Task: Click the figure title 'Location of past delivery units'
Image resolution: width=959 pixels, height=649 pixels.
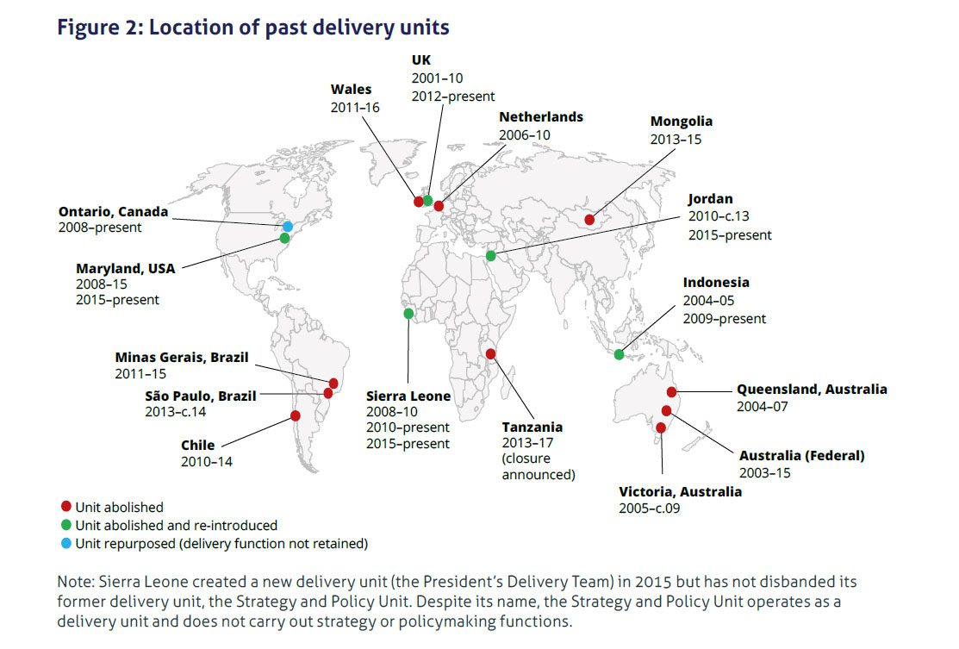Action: [x=299, y=28]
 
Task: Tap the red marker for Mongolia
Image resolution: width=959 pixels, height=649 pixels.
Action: [x=589, y=220]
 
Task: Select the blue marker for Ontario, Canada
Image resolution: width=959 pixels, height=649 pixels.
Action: [x=288, y=227]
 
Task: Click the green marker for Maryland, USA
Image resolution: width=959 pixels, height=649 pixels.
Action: [x=284, y=238]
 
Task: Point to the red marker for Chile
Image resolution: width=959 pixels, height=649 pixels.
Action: [x=296, y=416]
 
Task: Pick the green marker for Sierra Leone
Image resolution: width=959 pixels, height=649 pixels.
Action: [x=408, y=314]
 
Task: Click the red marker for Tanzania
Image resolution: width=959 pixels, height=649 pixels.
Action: [x=490, y=353]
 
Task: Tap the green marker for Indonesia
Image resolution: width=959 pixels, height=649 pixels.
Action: [x=619, y=354]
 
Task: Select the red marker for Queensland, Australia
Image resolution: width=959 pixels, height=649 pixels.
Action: [x=671, y=392]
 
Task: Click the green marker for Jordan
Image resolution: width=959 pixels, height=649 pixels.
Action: [x=490, y=256]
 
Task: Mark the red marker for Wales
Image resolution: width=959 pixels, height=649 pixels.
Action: [x=419, y=201]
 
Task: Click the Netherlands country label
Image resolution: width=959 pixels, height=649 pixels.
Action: [x=541, y=117]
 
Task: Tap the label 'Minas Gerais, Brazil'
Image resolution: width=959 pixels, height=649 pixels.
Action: [x=182, y=357]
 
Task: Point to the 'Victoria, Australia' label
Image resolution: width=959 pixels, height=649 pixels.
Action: [x=680, y=492]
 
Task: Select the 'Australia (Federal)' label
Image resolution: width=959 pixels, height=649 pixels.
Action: [x=802, y=456]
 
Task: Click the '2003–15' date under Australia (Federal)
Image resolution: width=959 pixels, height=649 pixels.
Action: [x=764, y=473]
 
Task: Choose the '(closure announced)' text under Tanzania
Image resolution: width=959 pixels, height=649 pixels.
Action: [x=539, y=467]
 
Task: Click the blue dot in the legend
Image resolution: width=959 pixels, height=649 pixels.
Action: [x=66, y=543]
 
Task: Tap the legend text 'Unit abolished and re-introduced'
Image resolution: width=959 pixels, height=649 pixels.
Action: [x=176, y=526]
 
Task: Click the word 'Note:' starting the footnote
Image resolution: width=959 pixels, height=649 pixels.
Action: [x=76, y=582]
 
